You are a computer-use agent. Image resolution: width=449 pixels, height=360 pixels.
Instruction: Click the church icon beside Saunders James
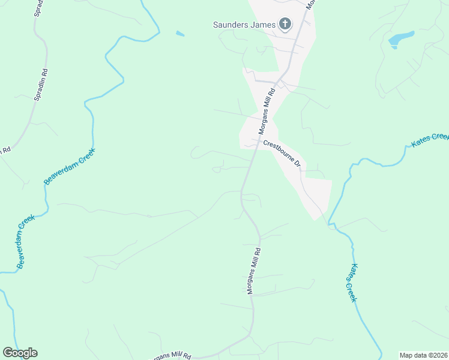tap(285, 25)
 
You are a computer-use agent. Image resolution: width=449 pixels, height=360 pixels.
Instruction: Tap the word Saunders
tap(231, 25)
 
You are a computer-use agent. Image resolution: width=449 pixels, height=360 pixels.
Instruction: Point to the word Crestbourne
tap(278, 150)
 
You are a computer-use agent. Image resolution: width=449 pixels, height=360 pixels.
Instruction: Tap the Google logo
tap(20, 353)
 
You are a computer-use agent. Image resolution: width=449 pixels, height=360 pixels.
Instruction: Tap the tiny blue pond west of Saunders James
tap(180, 34)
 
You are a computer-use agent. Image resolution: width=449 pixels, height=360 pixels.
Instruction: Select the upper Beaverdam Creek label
tap(71, 165)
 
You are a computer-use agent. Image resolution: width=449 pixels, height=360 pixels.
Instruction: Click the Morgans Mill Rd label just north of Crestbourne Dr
tap(266, 112)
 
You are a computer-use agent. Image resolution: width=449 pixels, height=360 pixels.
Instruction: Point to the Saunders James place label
tap(245, 25)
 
